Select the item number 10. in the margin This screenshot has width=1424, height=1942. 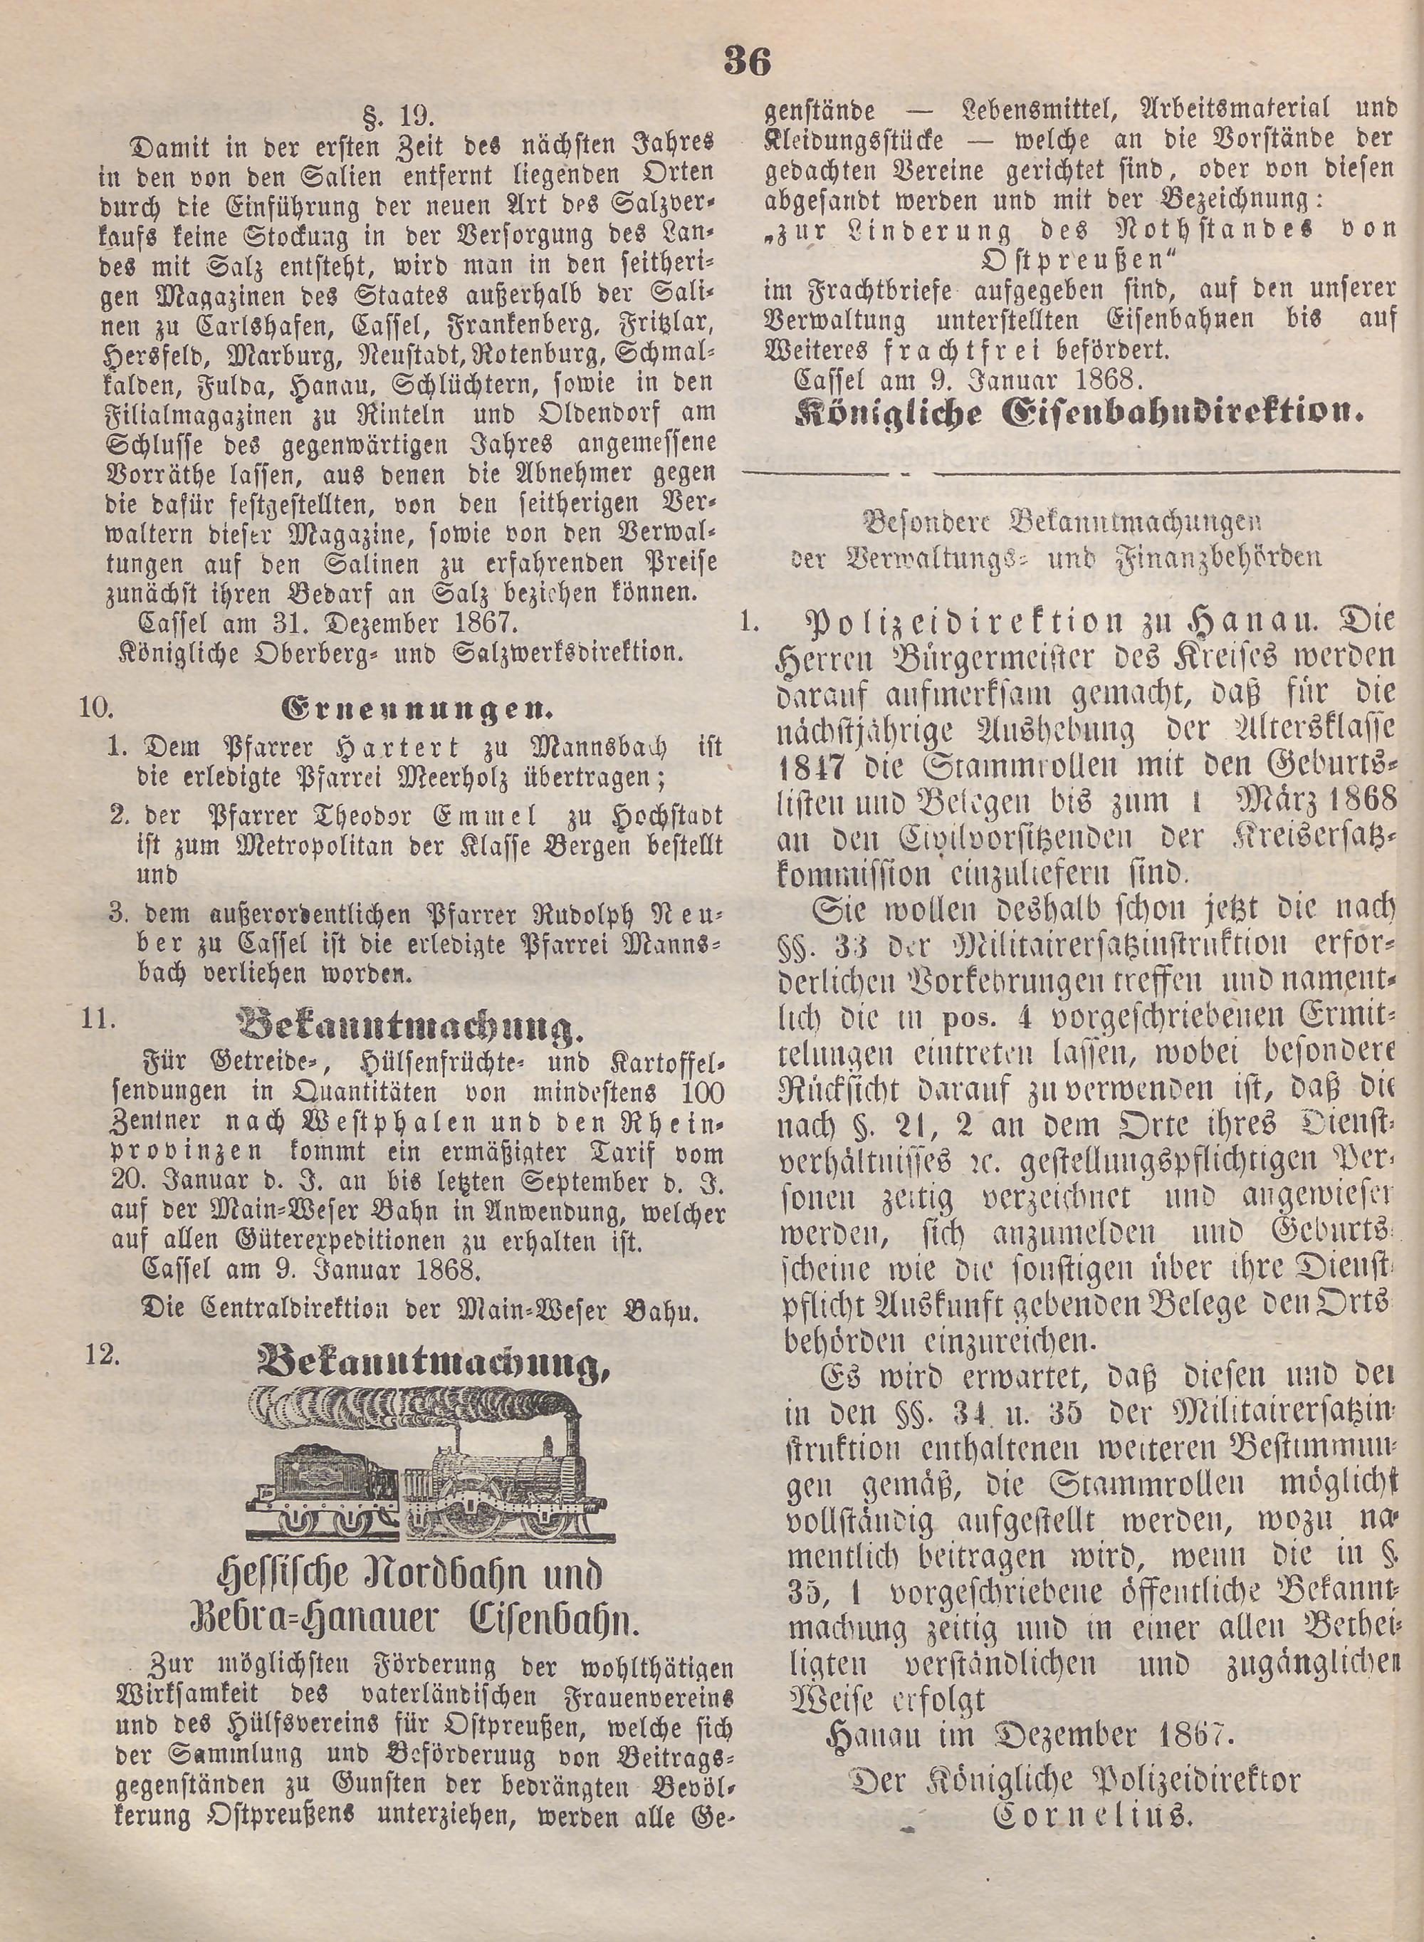click(98, 708)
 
